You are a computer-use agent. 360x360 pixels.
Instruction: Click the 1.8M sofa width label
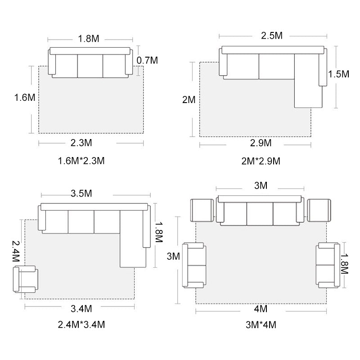coord(89,39)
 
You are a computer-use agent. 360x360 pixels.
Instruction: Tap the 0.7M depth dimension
coord(147,60)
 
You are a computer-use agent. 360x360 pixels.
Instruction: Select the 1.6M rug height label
coord(25,97)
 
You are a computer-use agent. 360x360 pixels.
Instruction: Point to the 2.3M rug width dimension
coord(81,143)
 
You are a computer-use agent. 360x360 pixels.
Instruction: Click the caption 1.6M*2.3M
coord(81,161)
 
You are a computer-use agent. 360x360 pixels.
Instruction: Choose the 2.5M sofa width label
coord(272,36)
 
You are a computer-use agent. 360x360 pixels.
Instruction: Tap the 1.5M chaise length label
coord(338,74)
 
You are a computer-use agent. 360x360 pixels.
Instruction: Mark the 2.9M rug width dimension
coord(261,143)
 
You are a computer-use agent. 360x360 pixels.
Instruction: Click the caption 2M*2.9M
coord(261,161)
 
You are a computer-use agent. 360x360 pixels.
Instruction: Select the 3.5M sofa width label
coord(81,193)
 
